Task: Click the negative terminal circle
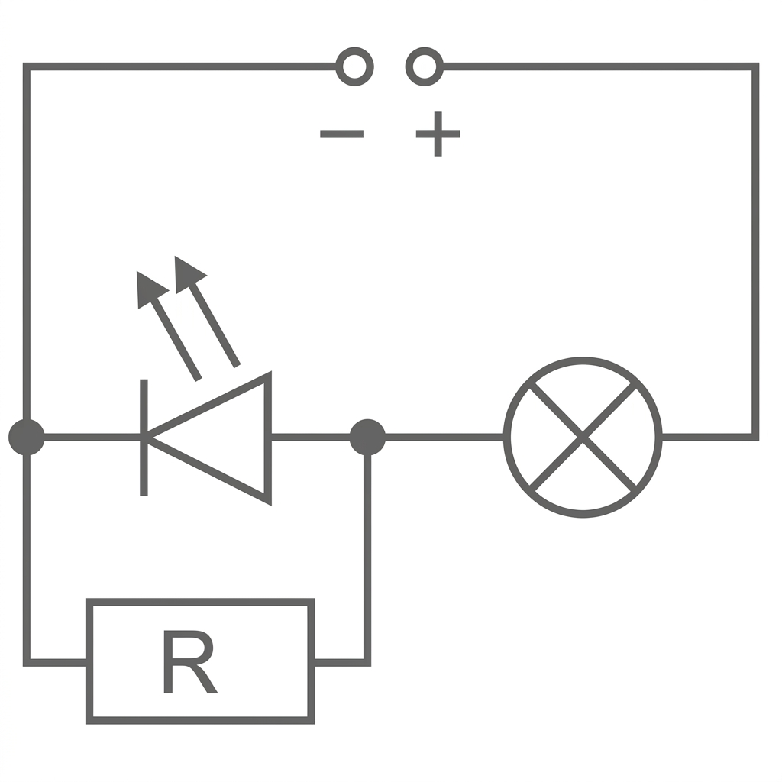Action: click(x=354, y=66)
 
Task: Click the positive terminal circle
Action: click(x=425, y=66)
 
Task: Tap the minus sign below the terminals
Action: click(x=341, y=134)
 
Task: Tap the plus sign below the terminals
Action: click(x=438, y=134)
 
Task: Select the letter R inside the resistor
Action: click(x=189, y=662)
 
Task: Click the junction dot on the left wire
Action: click(x=27, y=438)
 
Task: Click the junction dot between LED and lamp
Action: click(x=367, y=438)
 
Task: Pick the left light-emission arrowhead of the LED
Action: click(x=149, y=288)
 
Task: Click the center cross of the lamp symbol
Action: click(x=583, y=438)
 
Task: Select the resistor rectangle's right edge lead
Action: click(x=340, y=661)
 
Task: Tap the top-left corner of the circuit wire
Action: click(x=27, y=67)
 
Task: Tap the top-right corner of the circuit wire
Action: click(x=755, y=67)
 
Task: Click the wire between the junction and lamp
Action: click(x=443, y=438)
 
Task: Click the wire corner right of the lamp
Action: click(x=755, y=438)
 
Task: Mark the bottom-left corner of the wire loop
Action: click(x=27, y=661)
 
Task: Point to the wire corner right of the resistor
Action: click(x=367, y=661)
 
